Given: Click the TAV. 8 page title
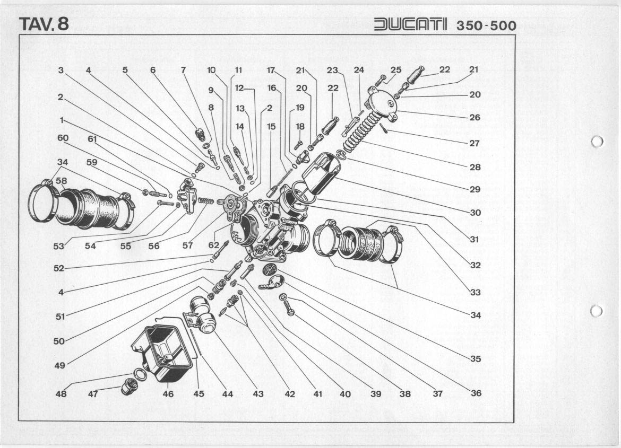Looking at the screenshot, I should [44, 24].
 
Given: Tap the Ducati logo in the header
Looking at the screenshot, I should [411, 25].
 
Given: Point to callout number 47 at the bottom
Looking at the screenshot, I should [92, 394].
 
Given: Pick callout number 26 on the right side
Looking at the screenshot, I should [475, 117].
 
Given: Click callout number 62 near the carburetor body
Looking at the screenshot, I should [213, 245].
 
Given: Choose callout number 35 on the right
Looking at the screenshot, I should [476, 359].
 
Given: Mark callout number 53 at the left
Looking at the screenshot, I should [59, 246].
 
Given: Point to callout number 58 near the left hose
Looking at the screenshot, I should [62, 181].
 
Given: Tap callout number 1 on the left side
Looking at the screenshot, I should [63, 120].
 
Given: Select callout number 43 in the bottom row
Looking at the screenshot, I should [258, 394].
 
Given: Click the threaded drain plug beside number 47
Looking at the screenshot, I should [128, 387].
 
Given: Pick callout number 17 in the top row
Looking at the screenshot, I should [271, 70].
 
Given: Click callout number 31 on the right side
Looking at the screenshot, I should [475, 239].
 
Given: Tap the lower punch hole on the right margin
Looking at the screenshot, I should [597, 311].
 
